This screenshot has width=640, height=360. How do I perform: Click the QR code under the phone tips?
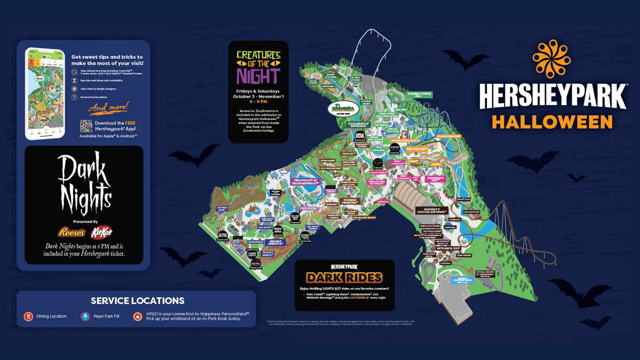pyautogui.click(x=86, y=126)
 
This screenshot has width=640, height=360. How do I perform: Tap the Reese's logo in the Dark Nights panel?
pyautogui.click(x=71, y=233)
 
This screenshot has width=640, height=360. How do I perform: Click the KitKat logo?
pyautogui.click(x=101, y=233)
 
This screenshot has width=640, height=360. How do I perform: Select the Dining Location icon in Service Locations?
pyautogui.click(x=28, y=316)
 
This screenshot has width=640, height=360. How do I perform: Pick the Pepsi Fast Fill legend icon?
pyautogui.click(x=85, y=316)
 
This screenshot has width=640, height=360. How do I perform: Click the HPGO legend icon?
pyautogui.click(x=138, y=316)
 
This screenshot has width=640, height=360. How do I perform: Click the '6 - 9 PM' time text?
pyautogui.click(x=258, y=101)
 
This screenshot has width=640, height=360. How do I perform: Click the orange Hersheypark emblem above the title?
pyautogui.click(x=551, y=59)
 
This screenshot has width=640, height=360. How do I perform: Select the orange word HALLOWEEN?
pyautogui.click(x=552, y=121)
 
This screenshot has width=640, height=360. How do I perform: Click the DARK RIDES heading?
pyautogui.click(x=344, y=277)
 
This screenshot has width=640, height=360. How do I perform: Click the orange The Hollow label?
pyautogui.click(x=416, y=149)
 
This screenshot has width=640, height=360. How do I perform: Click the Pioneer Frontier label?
pyautogui.click(x=349, y=202)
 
